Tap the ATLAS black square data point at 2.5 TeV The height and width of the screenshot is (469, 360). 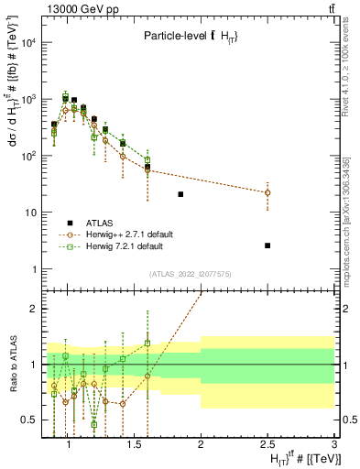(x=267, y=245)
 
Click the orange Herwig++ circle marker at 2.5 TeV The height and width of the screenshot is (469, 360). (x=267, y=192)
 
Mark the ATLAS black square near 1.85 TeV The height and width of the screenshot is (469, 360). (x=180, y=194)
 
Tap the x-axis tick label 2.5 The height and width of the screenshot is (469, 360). (x=267, y=444)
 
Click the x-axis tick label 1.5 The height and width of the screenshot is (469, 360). (x=134, y=444)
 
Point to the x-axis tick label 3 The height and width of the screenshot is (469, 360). (x=334, y=444)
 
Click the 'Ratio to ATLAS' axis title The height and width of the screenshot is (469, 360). (x=12, y=364)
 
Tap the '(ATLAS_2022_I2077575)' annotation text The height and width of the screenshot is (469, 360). (x=190, y=273)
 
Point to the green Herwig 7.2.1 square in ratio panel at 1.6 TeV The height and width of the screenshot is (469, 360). (x=147, y=344)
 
